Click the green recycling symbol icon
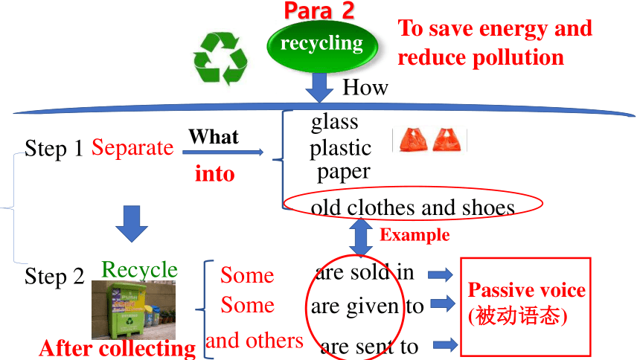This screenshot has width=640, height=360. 220,58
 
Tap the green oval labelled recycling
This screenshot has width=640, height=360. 322,45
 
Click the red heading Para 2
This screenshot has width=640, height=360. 319,10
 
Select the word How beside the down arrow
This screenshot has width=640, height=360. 365,87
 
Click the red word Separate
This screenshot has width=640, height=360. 132,147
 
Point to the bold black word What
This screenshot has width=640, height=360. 214,136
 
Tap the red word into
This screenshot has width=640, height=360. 214,173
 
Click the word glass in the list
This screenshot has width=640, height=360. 335,123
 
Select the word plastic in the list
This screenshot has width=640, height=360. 340,148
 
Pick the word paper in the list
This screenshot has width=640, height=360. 344,173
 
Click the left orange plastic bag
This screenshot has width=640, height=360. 413,140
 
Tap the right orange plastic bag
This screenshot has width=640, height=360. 447,140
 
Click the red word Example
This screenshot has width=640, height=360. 415,235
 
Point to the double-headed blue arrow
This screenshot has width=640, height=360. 361,237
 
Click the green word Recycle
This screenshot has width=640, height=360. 140,270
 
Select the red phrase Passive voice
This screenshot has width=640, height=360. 527,290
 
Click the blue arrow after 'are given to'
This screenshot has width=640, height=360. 443,303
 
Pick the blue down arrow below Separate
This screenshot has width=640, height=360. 132,224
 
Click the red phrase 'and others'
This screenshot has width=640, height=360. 255,341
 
